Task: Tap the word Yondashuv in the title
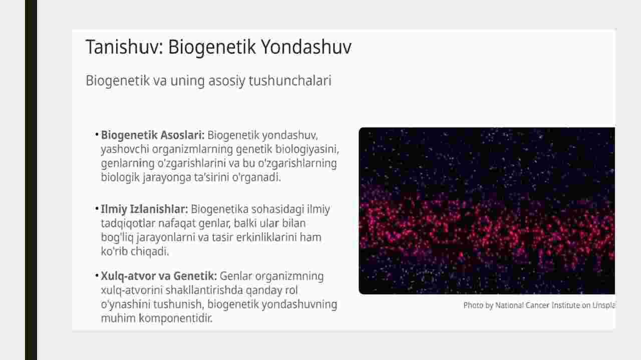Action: click(x=306, y=47)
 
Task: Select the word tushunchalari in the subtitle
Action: click(x=290, y=81)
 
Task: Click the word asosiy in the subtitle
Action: click(x=227, y=81)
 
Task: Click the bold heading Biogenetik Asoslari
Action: click(x=153, y=135)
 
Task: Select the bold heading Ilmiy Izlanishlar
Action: click(x=144, y=209)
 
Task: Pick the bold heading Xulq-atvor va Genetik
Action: click(x=159, y=276)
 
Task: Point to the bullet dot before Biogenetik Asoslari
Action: click(x=97, y=134)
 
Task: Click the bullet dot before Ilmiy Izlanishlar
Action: click(x=97, y=208)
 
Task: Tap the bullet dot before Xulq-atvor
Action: click(x=97, y=275)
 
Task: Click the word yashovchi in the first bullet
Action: click(x=125, y=150)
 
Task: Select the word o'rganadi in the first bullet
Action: click(x=256, y=178)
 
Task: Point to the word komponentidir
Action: click(x=176, y=318)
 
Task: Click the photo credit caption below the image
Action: click(x=539, y=305)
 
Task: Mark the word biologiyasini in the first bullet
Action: click(x=307, y=150)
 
